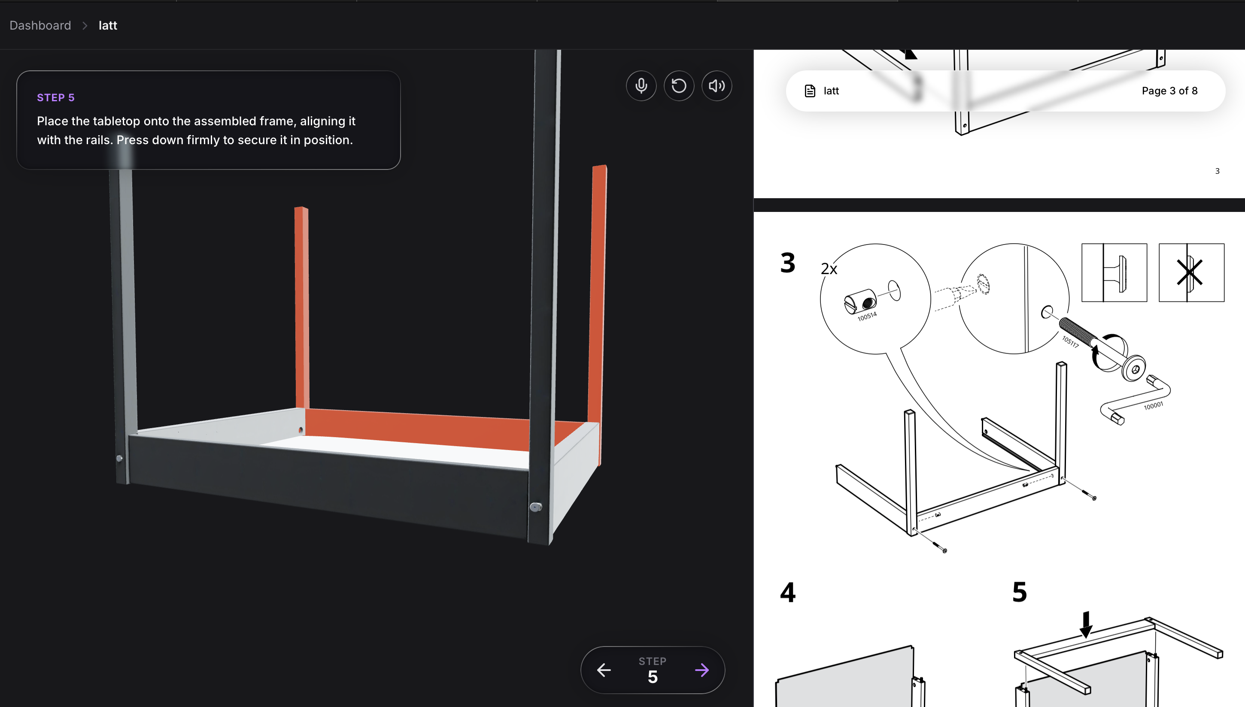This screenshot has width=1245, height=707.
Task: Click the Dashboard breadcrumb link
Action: (x=40, y=25)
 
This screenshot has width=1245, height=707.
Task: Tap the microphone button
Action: (x=641, y=86)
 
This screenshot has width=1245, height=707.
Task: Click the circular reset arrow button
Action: (x=679, y=86)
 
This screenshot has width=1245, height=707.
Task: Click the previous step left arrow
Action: (x=604, y=670)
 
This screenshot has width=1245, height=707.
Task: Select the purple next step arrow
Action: (x=702, y=670)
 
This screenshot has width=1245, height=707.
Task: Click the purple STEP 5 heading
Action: (x=56, y=98)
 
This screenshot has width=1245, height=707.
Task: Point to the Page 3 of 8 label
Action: (x=1169, y=91)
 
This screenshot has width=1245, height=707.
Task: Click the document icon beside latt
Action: (x=810, y=91)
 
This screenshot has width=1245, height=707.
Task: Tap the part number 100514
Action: (x=867, y=317)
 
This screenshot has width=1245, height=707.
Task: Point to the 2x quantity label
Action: (x=829, y=269)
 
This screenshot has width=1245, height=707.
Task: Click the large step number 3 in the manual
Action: (x=787, y=263)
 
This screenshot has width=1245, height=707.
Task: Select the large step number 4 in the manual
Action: (x=787, y=592)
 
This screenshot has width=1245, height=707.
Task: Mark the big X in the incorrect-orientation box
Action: (x=1189, y=272)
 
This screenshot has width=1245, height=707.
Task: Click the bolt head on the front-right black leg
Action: (x=535, y=507)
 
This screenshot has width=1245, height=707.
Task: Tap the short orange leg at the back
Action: (x=302, y=307)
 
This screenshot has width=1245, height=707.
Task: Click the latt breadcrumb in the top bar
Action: (x=108, y=25)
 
